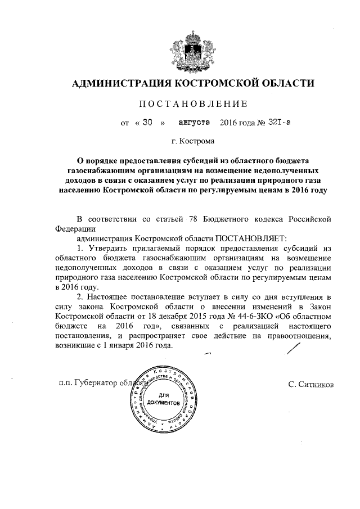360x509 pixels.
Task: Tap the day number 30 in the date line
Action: tap(148, 122)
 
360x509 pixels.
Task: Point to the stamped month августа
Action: tap(193, 122)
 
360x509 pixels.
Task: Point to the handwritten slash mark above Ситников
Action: tap(293, 349)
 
